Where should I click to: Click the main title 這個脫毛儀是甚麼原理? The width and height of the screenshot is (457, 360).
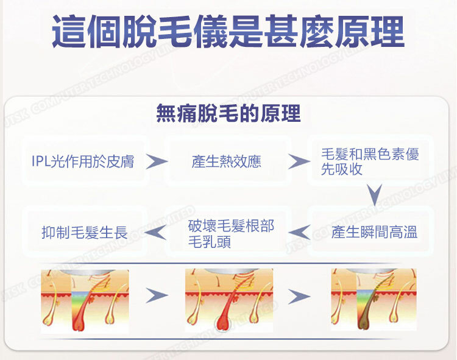228,32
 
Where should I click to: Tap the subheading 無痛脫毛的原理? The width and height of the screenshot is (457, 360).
228,113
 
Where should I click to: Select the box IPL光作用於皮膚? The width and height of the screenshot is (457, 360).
83,161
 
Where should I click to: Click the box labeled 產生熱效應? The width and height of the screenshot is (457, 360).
226,161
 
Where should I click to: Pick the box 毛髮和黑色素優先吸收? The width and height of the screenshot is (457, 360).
370,161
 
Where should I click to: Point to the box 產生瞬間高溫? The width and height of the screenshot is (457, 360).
374,232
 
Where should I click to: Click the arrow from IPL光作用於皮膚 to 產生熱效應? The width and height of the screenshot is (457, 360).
157,161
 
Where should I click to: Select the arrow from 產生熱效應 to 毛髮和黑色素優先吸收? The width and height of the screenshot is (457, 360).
299,161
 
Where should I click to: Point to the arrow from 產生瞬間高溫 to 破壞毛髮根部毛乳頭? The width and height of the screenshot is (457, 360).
299,232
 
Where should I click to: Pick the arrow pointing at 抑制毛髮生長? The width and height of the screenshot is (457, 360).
157,232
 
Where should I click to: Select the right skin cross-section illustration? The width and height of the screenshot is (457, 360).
373,299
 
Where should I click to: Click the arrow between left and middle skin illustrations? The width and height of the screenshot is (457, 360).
157,296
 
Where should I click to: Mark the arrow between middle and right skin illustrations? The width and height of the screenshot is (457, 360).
299,297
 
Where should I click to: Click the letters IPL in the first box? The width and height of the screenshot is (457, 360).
41,161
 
